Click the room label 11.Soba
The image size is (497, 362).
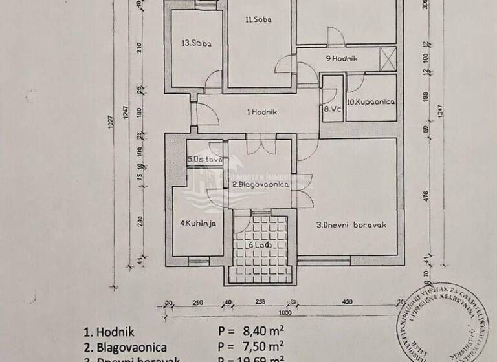[258, 19]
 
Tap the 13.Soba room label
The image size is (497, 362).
[197, 44]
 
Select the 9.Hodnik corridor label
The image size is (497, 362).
[342, 59]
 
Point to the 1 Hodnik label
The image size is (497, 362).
[262, 112]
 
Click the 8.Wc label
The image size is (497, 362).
[332, 109]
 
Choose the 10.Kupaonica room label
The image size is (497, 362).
[371, 102]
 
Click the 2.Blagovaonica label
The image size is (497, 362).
[260, 185]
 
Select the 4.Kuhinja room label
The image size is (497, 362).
[197, 224]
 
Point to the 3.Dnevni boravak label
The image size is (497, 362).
[351, 226]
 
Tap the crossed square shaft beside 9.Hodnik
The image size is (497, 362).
[388, 58]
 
